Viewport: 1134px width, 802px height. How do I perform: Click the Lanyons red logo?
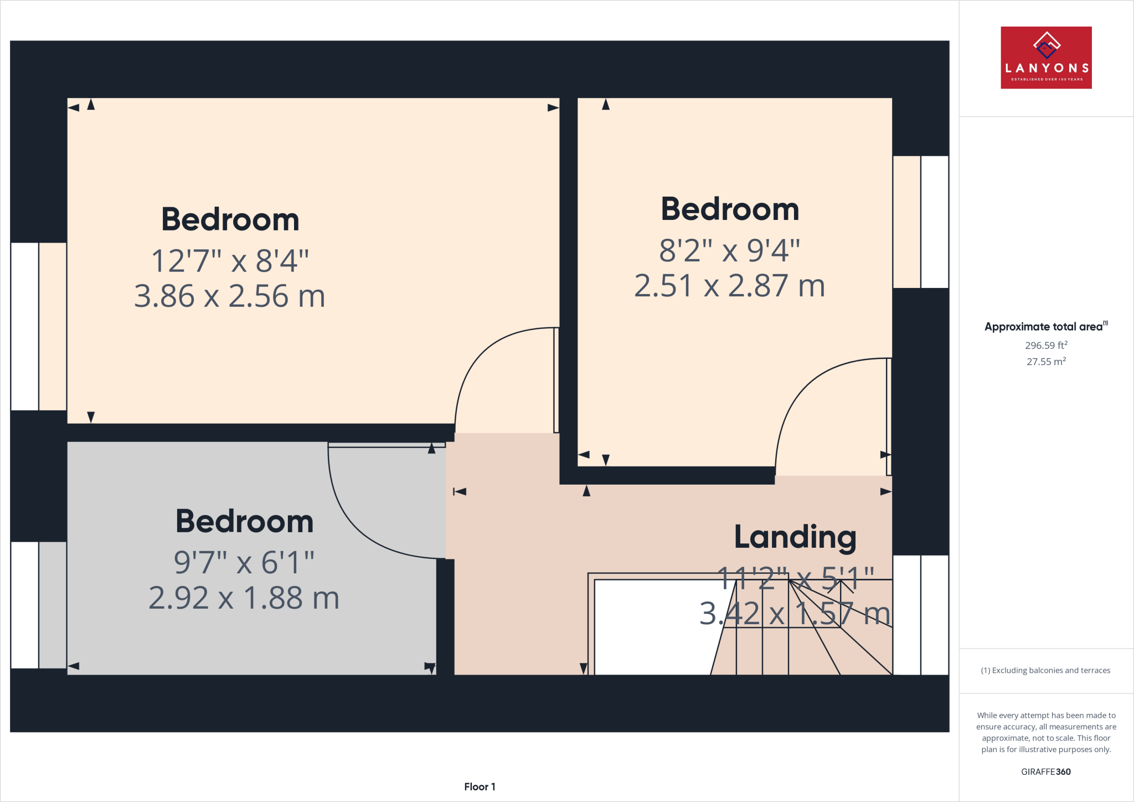[x=1045, y=58]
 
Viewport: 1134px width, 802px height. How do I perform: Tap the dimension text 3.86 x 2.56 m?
[x=229, y=296]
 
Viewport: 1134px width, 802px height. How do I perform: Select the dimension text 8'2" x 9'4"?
[x=729, y=250]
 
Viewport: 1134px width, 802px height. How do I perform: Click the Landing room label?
[x=795, y=537]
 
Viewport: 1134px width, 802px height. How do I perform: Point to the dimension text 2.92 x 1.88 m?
[x=244, y=598]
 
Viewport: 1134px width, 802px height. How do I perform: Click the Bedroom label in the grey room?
[x=244, y=522]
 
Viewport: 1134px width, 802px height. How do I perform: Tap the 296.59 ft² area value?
[x=1045, y=345]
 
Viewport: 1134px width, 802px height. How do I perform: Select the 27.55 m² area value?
[x=1045, y=362]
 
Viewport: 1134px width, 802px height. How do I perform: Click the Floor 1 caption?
[x=480, y=786]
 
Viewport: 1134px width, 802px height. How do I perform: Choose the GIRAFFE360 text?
[x=1045, y=772]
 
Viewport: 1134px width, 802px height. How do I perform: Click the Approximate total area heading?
[x=1045, y=327]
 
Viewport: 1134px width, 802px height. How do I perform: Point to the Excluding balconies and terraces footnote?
[x=1045, y=670]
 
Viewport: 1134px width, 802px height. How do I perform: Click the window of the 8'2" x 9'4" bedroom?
[x=920, y=222]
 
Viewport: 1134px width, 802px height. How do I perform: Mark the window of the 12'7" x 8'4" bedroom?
[x=39, y=327]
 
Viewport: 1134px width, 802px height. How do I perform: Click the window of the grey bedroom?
[x=39, y=605]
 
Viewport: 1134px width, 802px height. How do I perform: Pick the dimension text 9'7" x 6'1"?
[x=244, y=563]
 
